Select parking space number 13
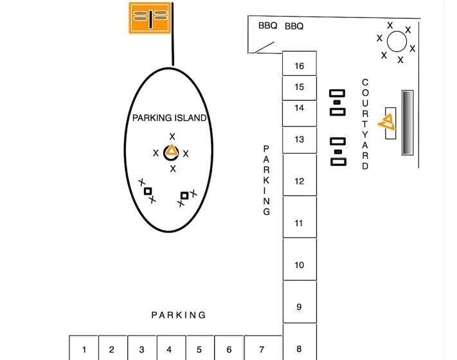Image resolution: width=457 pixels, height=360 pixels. click(300, 139)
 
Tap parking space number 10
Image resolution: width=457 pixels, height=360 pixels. click(300, 265)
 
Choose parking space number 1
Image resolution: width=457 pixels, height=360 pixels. click(84, 350)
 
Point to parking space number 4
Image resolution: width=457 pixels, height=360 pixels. click(169, 350)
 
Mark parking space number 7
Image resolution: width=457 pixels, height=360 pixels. click(262, 350)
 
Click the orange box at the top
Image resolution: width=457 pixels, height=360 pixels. click(150, 17)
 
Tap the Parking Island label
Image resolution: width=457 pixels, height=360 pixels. click(169, 118)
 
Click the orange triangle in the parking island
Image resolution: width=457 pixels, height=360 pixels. click(172, 152)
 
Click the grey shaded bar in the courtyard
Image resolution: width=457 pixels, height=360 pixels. click(408, 122)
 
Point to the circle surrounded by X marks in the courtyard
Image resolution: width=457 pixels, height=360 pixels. click(397, 42)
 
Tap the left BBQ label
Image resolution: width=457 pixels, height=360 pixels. click(267, 26)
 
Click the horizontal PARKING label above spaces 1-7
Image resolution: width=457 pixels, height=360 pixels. click(179, 315)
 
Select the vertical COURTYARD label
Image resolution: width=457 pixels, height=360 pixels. click(365, 124)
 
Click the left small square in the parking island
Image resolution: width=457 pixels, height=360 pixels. click(148, 191)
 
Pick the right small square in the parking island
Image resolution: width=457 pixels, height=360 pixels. click(184, 195)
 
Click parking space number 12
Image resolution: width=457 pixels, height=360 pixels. click(300, 181)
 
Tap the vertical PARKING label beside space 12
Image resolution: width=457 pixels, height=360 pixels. click(267, 180)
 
